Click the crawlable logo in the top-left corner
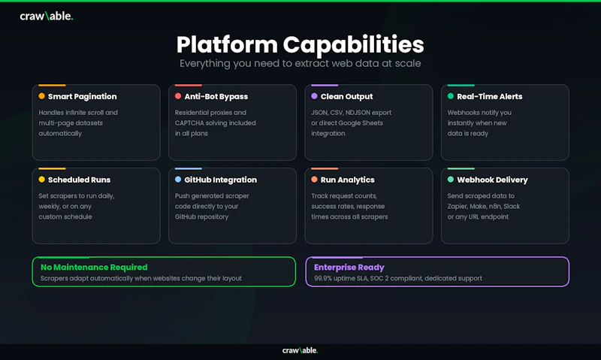pyautogui.click(x=47, y=16)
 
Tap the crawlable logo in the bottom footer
pyautogui.click(x=300, y=350)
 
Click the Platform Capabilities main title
pyautogui.click(x=300, y=44)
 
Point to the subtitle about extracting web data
pyautogui.click(x=300, y=63)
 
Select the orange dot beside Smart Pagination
pyautogui.click(x=42, y=96)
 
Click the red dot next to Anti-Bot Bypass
pyautogui.click(x=178, y=96)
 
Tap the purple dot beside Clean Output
pyautogui.click(x=314, y=96)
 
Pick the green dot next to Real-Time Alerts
pyautogui.click(x=451, y=96)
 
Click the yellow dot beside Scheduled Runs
pyautogui.click(x=42, y=179)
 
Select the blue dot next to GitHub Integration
pyautogui.click(x=178, y=179)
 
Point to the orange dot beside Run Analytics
pyautogui.click(x=314, y=179)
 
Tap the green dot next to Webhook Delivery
pyautogui.click(x=451, y=179)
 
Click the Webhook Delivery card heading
pyautogui.click(x=492, y=180)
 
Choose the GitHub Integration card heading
pyautogui.click(x=220, y=180)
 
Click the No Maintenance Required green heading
pyautogui.click(x=94, y=268)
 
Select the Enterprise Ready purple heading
pyautogui.click(x=349, y=268)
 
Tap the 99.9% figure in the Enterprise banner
pyautogui.click(x=323, y=278)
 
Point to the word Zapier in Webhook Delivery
pyautogui.click(x=457, y=207)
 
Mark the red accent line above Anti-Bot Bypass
pyautogui.click(x=189, y=85)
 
